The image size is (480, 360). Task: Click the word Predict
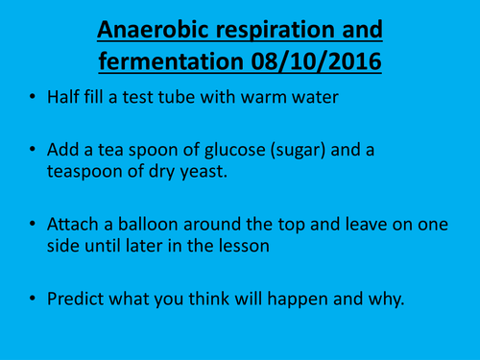[76, 297]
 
